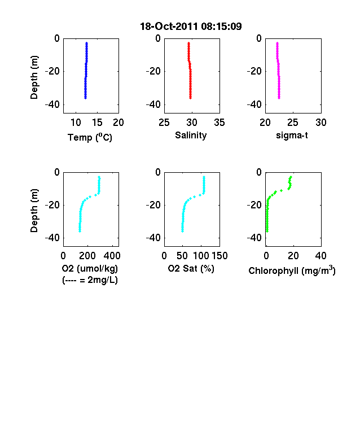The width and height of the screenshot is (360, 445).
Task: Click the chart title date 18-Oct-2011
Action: click(x=169, y=27)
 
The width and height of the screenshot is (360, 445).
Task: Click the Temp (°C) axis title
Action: click(x=90, y=137)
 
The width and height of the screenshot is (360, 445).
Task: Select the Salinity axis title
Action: click(x=191, y=136)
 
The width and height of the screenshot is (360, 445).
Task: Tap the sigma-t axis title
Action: click(x=292, y=136)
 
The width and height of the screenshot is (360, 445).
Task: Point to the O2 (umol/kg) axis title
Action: click(x=90, y=268)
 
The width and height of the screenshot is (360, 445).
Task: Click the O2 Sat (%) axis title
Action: click(x=191, y=268)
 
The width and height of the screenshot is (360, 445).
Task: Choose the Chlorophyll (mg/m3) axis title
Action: click(x=292, y=271)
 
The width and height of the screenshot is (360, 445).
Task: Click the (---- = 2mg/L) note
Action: click(x=90, y=280)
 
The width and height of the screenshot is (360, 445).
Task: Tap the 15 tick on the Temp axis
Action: click(x=97, y=123)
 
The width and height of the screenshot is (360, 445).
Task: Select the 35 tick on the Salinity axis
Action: click(x=219, y=123)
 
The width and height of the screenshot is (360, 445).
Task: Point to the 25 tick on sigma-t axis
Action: click(x=293, y=123)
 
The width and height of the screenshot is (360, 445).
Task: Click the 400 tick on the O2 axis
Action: click(x=112, y=256)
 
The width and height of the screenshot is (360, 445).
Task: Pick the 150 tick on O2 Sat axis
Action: click(x=219, y=256)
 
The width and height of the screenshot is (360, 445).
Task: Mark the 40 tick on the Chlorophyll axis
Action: click(x=321, y=256)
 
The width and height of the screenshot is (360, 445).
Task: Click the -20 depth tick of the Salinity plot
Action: click(x=153, y=71)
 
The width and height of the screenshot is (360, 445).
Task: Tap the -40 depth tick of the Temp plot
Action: click(x=52, y=104)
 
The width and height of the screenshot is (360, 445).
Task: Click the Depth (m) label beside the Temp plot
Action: click(x=34, y=77)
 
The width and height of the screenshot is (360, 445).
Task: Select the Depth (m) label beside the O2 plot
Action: click(x=34, y=211)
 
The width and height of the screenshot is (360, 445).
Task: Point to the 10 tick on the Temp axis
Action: click(x=76, y=123)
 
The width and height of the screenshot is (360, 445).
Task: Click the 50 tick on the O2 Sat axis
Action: click(x=182, y=256)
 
